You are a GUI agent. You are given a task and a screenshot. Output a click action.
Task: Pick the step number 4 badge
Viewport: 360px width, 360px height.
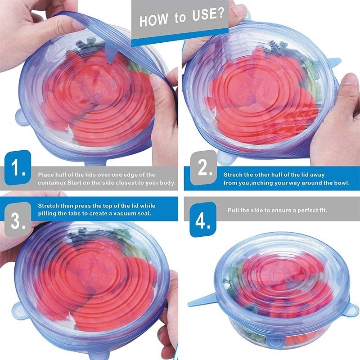click(202, 220)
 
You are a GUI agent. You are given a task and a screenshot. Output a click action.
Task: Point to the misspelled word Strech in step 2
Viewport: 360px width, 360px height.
click(233, 174)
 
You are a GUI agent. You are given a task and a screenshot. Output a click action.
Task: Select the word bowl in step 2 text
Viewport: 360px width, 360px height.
click(340, 183)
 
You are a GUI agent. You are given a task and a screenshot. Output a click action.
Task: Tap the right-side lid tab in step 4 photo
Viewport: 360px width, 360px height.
click(352, 310)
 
